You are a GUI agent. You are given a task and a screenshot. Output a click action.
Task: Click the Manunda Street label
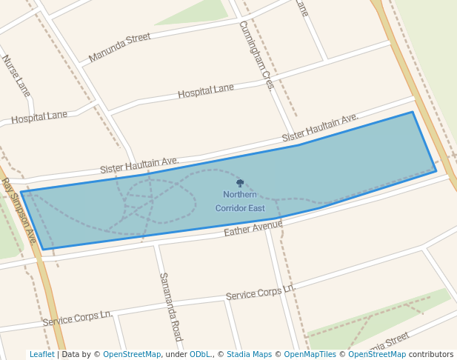119,47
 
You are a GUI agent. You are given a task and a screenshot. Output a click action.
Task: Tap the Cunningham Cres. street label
257,55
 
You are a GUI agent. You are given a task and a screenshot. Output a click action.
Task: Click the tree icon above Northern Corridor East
240,182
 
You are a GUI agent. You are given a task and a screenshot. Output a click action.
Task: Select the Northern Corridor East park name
240,201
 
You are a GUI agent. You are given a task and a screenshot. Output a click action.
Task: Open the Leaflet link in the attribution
41,354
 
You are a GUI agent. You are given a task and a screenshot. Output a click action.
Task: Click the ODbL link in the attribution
201,354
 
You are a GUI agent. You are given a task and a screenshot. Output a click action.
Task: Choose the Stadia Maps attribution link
249,354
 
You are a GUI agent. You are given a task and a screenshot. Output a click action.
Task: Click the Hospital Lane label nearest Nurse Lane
39,117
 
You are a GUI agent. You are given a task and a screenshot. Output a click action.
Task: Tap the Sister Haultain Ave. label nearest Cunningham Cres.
320,128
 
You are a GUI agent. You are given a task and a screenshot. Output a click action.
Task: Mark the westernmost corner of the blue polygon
21,193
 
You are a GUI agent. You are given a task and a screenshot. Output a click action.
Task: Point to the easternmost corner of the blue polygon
436,171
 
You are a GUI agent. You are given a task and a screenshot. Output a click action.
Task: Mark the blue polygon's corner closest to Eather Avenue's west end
43,250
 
